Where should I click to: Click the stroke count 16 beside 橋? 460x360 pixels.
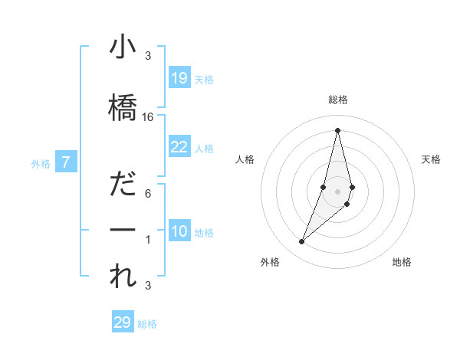click(x=148, y=116)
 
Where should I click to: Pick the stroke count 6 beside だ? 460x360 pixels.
click(x=148, y=193)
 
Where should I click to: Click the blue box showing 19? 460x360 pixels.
click(x=179, y=78)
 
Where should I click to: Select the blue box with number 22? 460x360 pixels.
click(x=179, y=147)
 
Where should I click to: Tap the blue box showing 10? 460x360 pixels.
click(x=179, y=231)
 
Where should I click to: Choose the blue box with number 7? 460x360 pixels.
click(x=67, y=162)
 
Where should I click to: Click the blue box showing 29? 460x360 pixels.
click(x=123, y=322)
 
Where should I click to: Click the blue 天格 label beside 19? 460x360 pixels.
click(x=204, y=80)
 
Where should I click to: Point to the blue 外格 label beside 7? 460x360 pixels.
click(x=41, y=164)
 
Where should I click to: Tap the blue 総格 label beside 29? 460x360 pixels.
click(x=147, y=324)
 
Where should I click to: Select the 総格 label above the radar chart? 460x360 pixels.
click(x=337, y=100)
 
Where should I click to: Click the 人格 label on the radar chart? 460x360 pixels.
click(x=245, y=159)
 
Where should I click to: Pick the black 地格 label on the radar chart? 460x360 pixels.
click(x=402, y=262)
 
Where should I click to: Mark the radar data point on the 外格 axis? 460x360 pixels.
click(x=301, y=242)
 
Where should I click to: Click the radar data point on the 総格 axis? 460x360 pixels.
click(x=337, y=129)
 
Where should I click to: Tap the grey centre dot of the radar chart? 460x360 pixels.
click(x=337, y=191)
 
